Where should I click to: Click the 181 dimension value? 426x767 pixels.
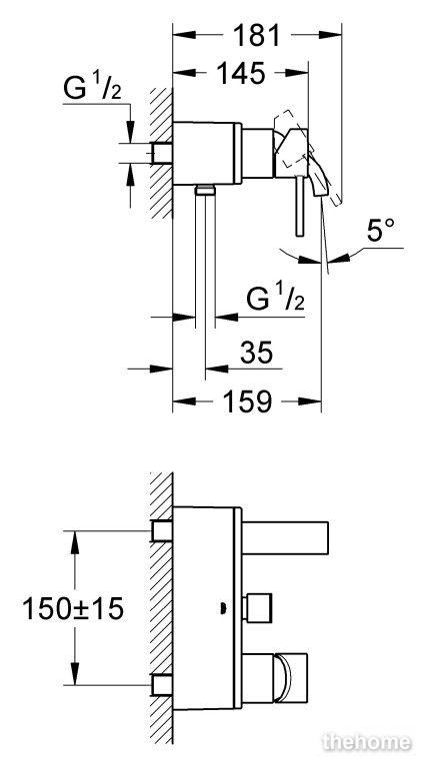click(256, 35)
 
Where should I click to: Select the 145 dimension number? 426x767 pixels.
click(240, 73)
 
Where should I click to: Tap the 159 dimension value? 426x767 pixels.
click(247, 401)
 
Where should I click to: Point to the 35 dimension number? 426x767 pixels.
click(257, 352)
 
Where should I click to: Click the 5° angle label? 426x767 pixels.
click(381, 230)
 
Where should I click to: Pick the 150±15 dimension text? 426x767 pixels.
click(73, 609)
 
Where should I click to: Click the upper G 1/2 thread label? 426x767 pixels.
click(92, 89)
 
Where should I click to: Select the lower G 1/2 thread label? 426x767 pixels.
click(275, 299)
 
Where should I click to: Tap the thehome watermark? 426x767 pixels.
click(366, 742)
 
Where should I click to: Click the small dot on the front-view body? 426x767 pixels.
click(222, 607)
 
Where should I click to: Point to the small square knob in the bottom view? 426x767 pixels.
click(257, 608)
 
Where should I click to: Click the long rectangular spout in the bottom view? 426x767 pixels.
click(284, 537)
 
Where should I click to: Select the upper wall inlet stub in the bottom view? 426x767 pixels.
click(162, 531)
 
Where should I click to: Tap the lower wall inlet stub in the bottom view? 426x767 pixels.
click(162, 685)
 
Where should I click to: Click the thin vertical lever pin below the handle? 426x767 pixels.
click(300, 207)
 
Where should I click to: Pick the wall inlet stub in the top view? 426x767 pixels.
click(162, 153)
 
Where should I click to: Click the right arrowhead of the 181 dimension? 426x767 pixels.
click(330, 35)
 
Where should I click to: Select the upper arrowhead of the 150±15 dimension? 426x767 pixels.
click(74, 542)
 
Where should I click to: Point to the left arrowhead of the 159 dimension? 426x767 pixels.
click(184, 401)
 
